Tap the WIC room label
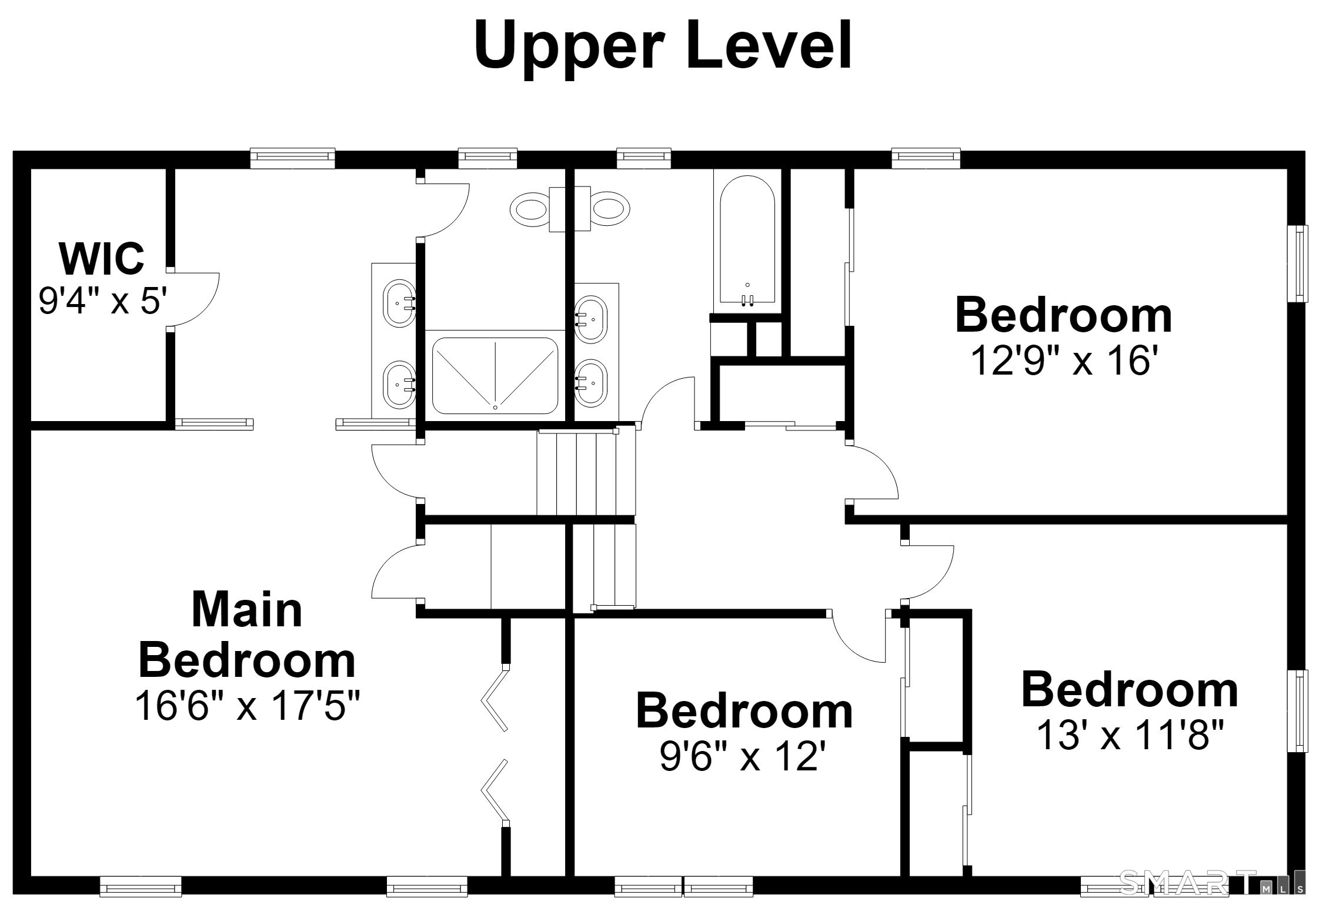[102, 258]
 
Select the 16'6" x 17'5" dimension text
[247, 705]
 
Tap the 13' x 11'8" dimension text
[1130, 735]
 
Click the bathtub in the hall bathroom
[747, 241]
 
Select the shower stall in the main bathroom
[495, 375]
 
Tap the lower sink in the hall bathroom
[590, 383]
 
